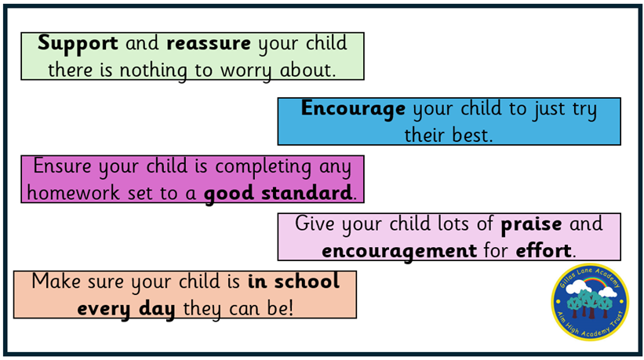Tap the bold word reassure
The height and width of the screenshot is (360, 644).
[209, 43]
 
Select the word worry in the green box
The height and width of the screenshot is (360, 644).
[246, 71]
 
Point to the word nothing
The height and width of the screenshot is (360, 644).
[154, 71]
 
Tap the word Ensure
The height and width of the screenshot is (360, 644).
[62, 166]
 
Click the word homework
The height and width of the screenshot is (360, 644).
[73, 192]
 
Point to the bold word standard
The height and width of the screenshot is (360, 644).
[307, 193]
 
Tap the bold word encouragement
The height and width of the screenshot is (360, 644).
[399, 252]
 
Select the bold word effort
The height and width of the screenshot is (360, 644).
[544, 250]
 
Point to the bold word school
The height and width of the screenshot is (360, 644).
[307, 282]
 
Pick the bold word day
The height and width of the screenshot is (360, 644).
[157, 310]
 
